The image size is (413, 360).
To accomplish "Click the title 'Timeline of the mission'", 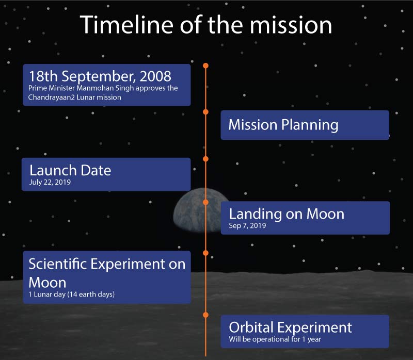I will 206,25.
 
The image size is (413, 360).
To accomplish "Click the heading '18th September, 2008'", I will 100,76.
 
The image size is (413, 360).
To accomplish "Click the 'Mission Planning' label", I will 283,125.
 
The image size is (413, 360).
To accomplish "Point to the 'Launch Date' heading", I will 70,170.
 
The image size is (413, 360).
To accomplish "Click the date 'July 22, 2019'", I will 50,182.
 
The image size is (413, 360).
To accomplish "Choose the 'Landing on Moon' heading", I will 287,214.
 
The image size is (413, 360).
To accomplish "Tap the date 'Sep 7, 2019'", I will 248,225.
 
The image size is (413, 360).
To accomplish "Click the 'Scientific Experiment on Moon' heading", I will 106,272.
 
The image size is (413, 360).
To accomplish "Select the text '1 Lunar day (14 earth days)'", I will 71,294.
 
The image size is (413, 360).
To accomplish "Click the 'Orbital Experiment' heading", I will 290,327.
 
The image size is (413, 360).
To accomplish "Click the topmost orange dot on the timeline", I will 205,66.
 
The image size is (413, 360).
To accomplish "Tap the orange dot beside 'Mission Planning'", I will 205,111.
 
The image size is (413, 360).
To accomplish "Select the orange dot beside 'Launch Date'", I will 205,159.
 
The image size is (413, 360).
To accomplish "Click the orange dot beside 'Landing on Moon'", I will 205,202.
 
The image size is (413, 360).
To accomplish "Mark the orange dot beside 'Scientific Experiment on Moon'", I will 205,253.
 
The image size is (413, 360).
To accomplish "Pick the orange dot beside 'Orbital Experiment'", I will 205,314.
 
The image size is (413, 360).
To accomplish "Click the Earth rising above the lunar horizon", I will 188,214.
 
